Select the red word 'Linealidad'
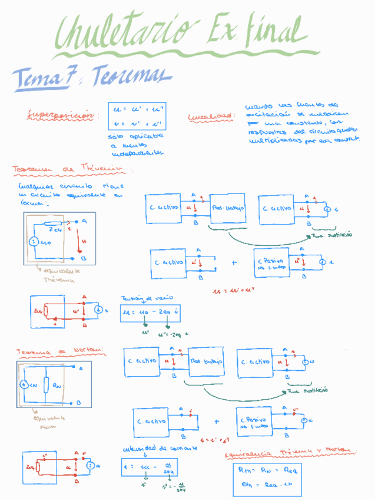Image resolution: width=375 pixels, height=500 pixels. pyautogui.click(x=210, y=117)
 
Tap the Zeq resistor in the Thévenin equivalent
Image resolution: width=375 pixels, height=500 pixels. pyautogui.click(x=54, y=223)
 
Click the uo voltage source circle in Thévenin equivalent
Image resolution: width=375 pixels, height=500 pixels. pyautogui.click(x=34, y=242)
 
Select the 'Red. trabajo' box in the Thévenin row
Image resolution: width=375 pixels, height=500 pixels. pyautogui.click(x=227, y=208)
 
